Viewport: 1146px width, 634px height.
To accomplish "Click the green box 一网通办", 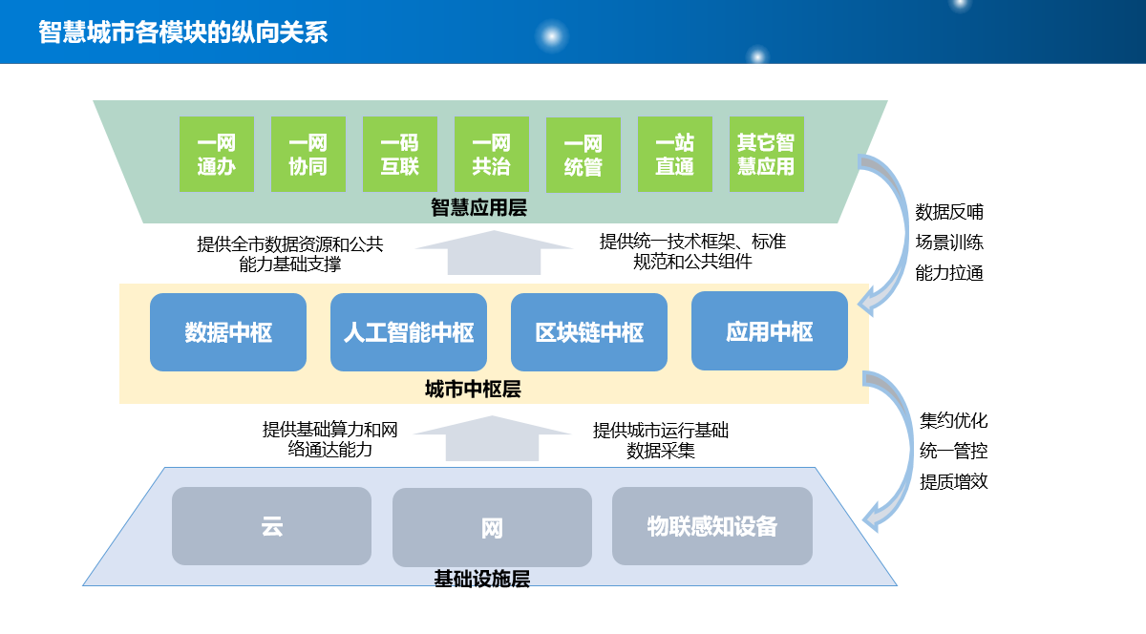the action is (217, 154).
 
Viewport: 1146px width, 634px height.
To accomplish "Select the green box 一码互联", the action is (399, 154).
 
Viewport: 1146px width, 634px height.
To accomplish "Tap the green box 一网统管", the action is (584, 155).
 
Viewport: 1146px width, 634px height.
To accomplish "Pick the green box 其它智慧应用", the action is (766, 154).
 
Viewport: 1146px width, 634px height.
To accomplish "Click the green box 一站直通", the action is (675, 154).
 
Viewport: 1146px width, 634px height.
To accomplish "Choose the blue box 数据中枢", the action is (228, 332).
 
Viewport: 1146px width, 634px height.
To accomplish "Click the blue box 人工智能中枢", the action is (409, 332).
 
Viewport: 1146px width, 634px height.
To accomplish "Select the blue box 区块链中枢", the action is (589, 332).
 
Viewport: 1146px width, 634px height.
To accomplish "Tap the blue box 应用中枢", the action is (770, 330).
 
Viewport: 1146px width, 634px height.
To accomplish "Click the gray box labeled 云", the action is (271, 526).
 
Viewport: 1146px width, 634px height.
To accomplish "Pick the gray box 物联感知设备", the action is (712, 526).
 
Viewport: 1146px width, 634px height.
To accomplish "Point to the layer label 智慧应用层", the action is (478, 208).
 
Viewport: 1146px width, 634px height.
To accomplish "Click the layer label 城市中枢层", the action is (473, 390).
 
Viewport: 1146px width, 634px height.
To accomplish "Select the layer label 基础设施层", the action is (481, 579).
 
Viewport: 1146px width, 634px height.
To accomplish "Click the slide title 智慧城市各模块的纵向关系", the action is (182, 32).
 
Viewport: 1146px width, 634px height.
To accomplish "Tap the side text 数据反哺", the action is (949, 212).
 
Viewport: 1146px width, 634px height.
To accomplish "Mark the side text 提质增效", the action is (953, 481).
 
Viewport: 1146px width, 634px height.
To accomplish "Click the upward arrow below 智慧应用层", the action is (494, 253).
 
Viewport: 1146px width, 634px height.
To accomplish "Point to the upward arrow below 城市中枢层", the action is (492, 439).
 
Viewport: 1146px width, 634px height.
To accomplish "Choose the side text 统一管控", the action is (953, 451).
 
